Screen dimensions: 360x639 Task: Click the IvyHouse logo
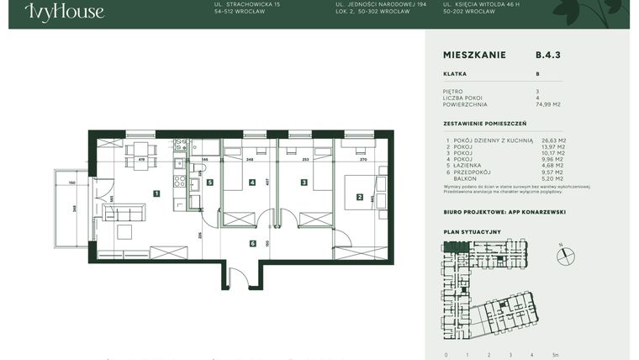pos(64,12)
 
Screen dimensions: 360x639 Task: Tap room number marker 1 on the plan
pos(156,193)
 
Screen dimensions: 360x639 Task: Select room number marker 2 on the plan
pos(360,198)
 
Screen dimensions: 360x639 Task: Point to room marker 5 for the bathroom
pos(210,182)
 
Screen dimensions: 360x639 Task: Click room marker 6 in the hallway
pos(252,244)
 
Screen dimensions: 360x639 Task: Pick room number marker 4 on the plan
pos(252,182)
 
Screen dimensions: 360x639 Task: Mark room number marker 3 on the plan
pos(303,182)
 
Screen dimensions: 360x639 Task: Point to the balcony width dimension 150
pos(72,182)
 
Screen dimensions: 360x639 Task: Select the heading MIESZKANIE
pos(474,55)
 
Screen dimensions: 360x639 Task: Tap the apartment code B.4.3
pos(547,55)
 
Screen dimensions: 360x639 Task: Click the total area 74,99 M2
pos(548,104)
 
